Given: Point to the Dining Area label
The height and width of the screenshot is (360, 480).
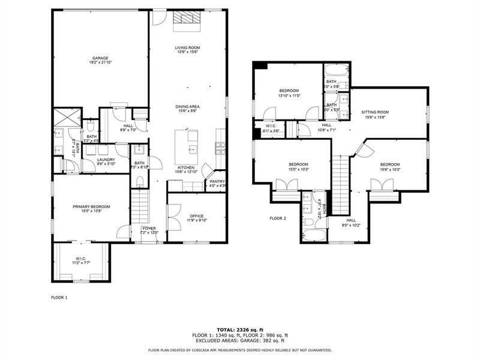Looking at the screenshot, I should pos(187,108).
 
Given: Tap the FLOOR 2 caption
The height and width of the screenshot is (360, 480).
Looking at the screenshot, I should pos(278,218).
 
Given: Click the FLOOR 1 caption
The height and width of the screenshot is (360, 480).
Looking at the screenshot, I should pos(59,297).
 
